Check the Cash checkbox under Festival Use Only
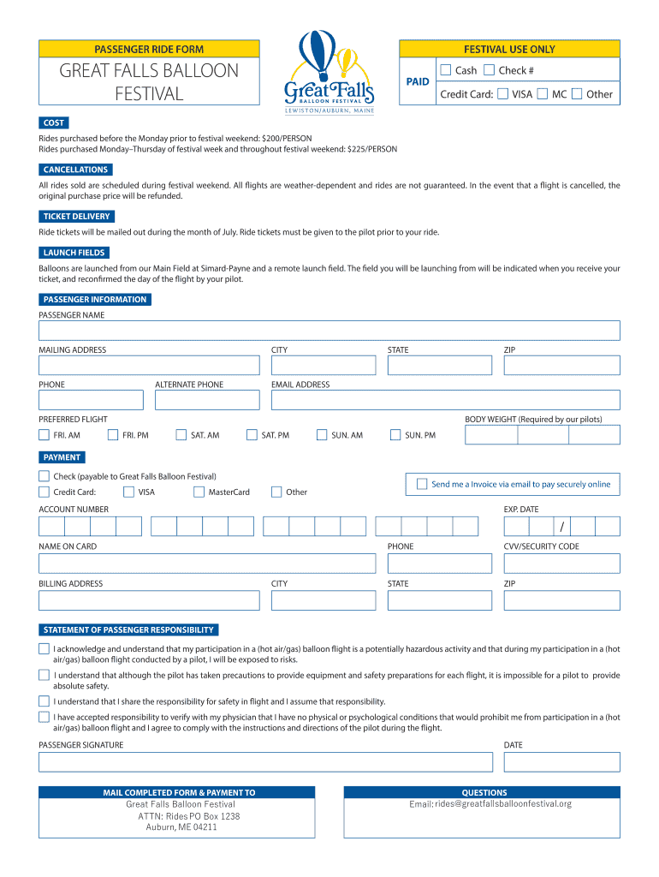[x=445, y=70]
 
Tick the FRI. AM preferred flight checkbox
[x=44, y=435]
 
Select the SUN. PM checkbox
[x=395, y=435]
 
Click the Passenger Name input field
[x=329, y=331]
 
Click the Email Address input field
[x=445, y=400]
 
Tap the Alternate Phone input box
[x=206, y=400]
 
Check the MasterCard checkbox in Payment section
[x=199, y=492]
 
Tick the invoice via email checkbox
[x=421, y=484]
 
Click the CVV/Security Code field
[x=561, y=563]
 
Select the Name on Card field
[x=206, y=563]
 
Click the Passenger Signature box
[x=265, y=761]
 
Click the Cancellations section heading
[x=75, y=170]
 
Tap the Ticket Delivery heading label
[x=76, y=217]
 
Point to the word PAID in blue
[x=418, y=81]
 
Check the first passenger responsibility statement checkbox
[x=44, y=648]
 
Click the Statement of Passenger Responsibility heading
[x=128, y=629]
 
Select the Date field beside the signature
[x=561, y=761]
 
